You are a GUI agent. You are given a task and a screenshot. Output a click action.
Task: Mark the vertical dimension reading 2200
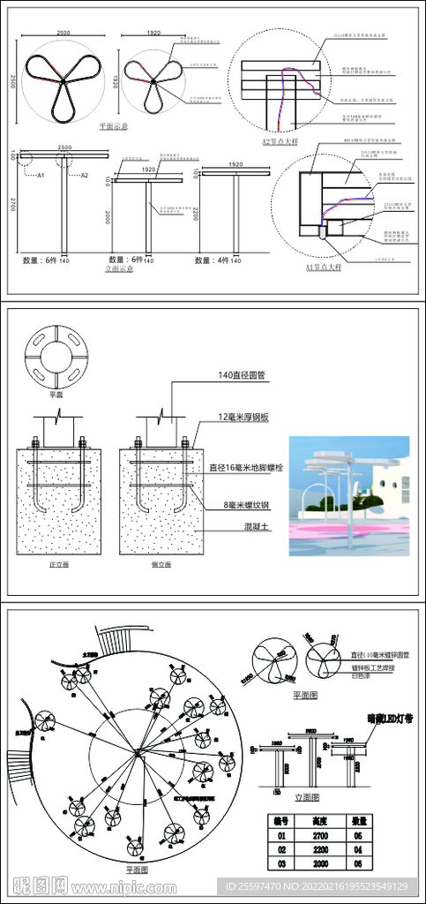(x=196, y=216)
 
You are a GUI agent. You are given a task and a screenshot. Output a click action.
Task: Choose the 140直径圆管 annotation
(x=243, y=375)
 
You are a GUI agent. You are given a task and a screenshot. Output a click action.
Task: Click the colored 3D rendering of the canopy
(x=348, y=495)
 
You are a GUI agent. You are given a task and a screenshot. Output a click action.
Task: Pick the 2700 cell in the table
(x=322, y=834)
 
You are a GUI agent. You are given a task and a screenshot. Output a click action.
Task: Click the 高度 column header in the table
(x=322, y=819)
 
